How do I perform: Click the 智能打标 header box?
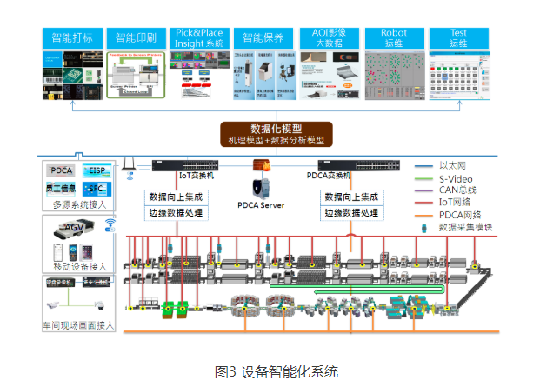pos(72,38)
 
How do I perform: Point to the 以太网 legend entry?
pos(457,164)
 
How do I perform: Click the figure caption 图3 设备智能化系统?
pos(276,370)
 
